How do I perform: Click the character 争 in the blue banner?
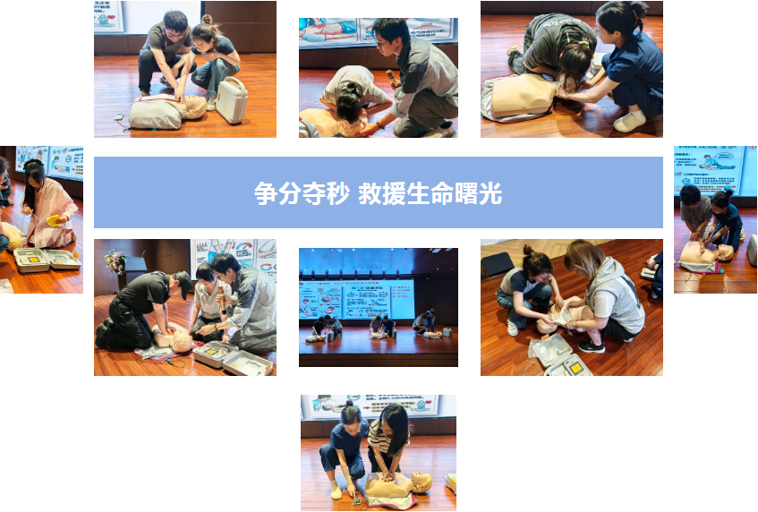266,193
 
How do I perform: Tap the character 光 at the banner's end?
490,193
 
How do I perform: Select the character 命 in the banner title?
442,193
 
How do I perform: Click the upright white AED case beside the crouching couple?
232,100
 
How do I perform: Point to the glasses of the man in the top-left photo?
175,35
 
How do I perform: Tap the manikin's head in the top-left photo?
195,107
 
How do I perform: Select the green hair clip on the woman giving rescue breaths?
584,43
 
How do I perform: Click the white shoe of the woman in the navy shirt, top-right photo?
629,122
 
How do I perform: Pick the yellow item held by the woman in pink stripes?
53,220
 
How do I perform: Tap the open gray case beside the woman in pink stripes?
47,260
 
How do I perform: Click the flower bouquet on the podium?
115,261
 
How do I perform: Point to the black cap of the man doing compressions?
183,283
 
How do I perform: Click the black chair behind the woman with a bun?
497,265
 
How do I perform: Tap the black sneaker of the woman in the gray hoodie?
591,346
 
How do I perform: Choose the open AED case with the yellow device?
568,367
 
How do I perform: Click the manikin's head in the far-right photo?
725,252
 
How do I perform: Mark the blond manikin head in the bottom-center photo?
422,482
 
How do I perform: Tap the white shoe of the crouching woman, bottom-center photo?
336,492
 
